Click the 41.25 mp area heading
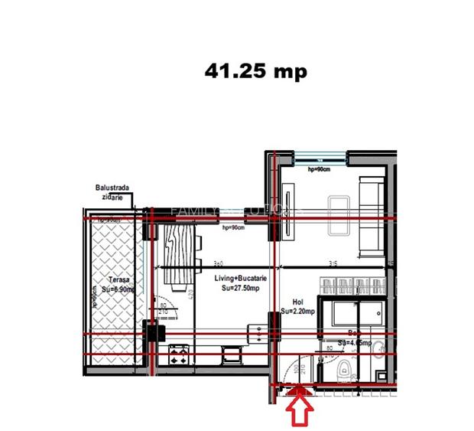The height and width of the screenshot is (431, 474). [x=255, y=71]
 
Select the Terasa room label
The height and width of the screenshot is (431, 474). [x=117, y=280]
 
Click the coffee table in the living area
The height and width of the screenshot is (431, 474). [x=337, y=217]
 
